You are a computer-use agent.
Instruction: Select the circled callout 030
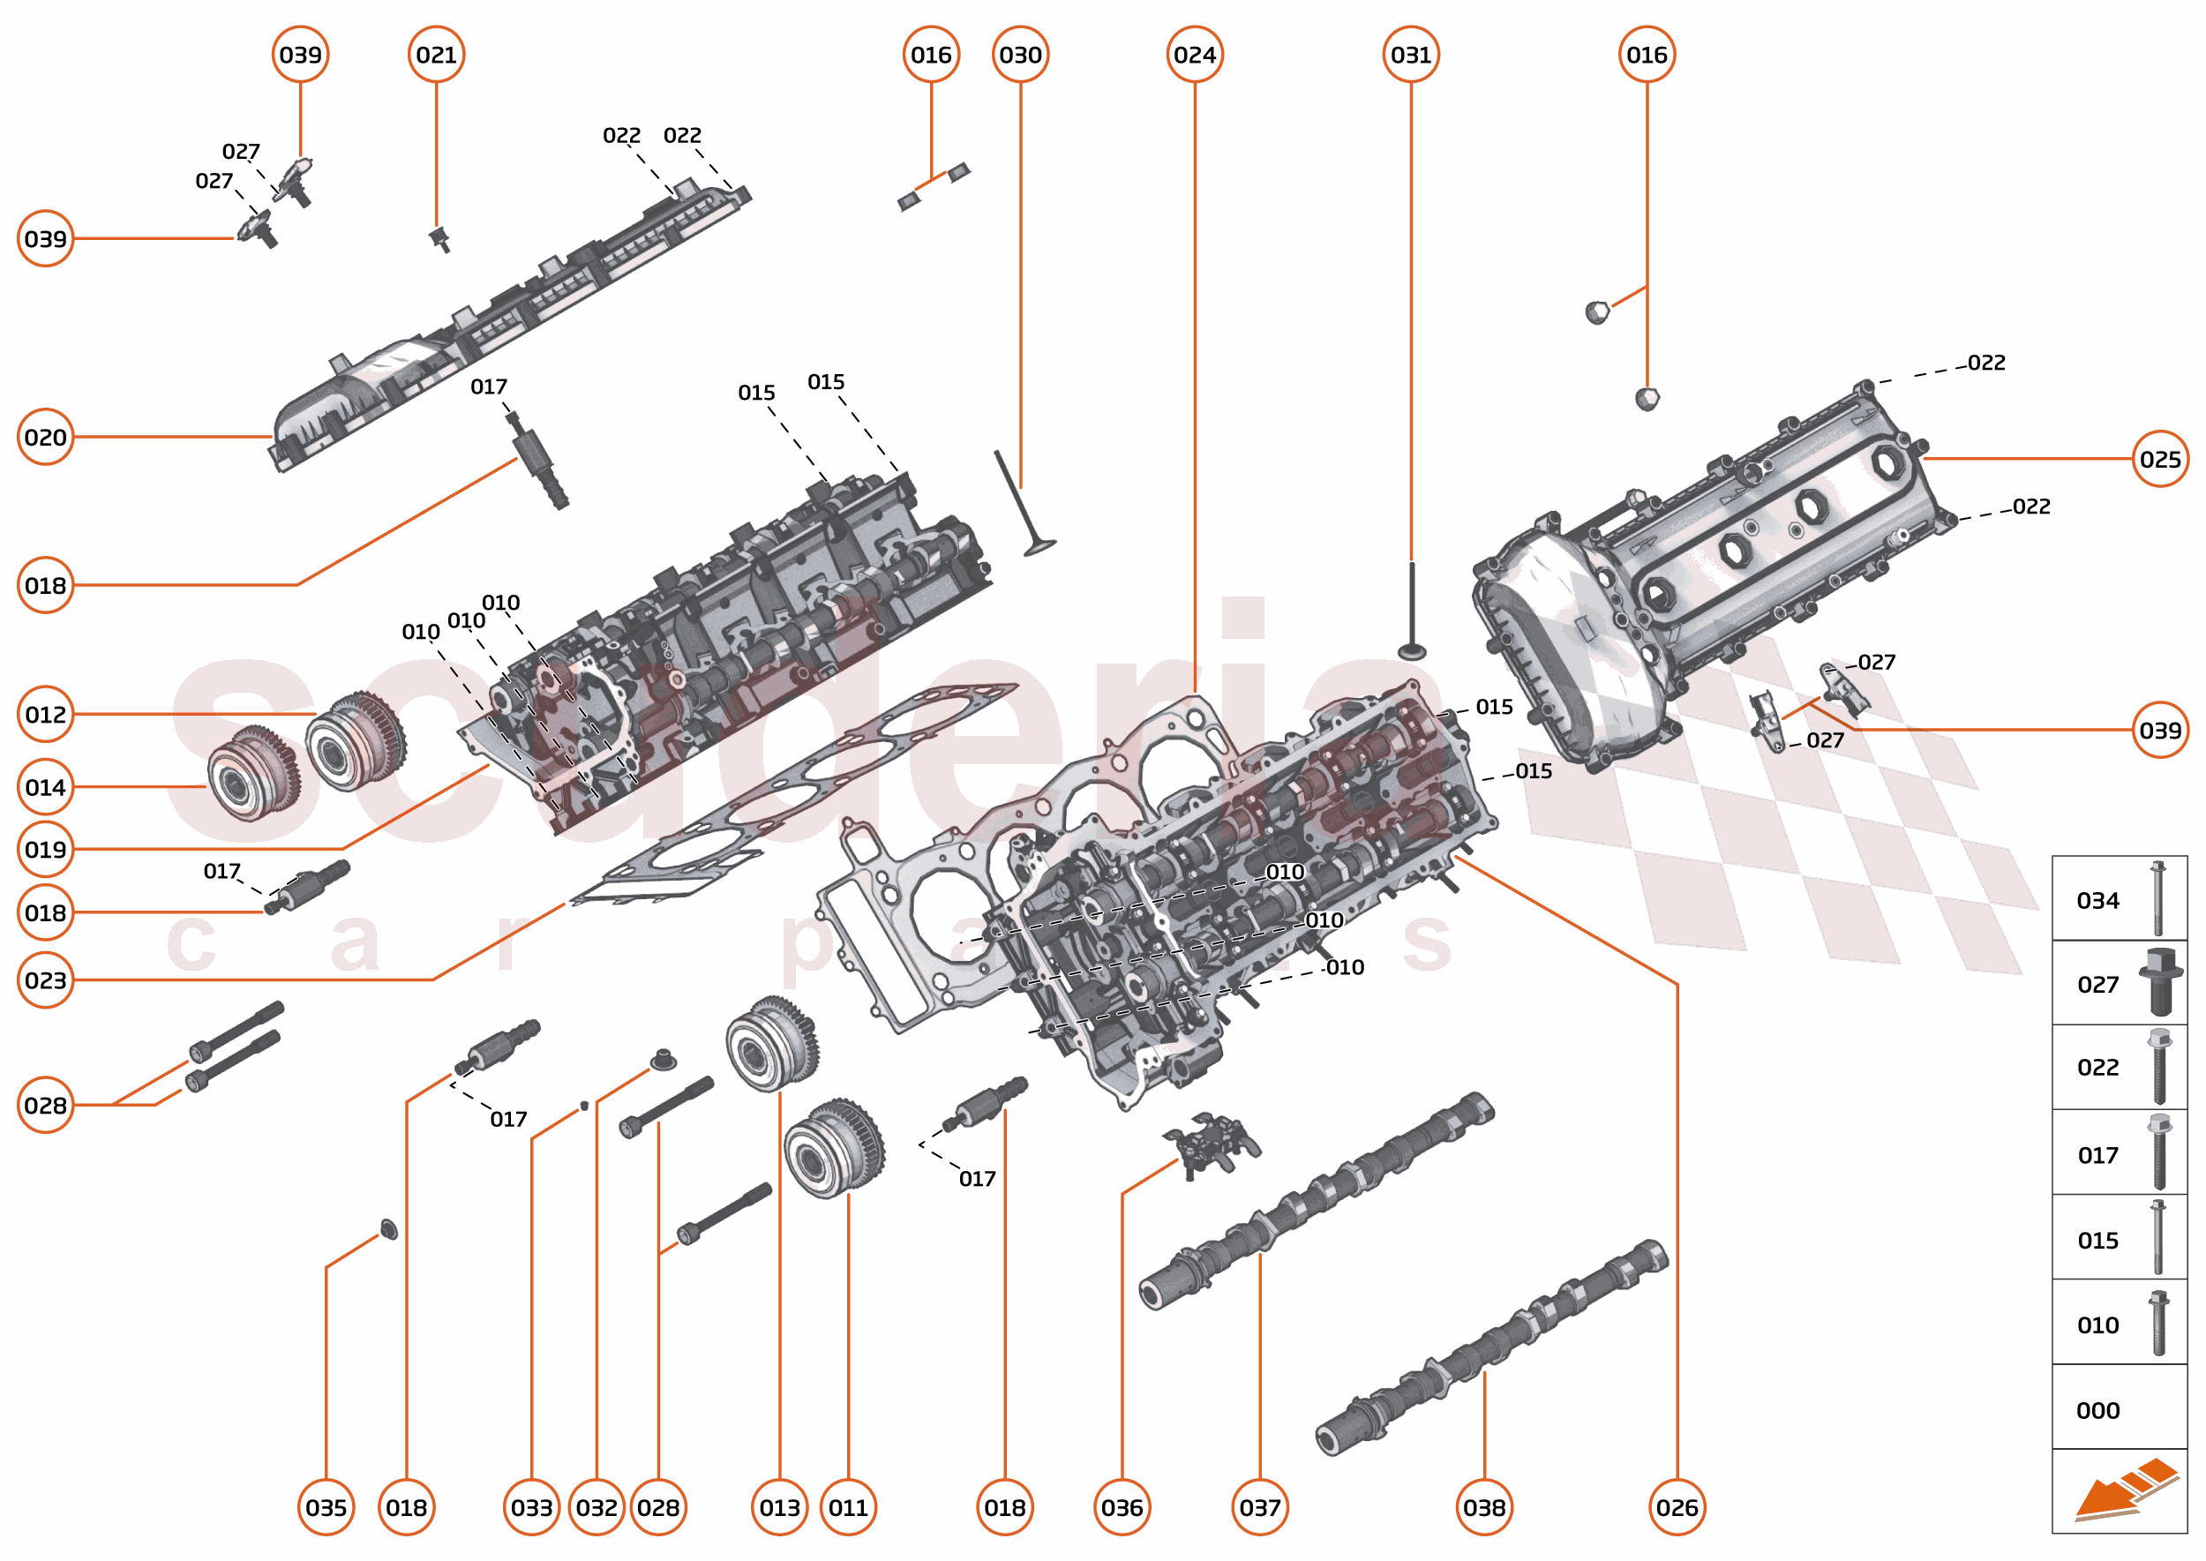point(1020,55)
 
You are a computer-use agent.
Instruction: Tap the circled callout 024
point(1194,55)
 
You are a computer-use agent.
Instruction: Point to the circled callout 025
point(2160,459)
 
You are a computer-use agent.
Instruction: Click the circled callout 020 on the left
point(45,438)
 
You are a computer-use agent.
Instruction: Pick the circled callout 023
point(45,980)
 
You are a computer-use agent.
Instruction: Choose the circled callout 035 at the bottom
point(326,1507)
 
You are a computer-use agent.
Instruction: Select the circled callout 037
point(1259,1507)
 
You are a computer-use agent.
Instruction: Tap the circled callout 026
point(1677,1507)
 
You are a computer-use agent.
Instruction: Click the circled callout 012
point(45,714)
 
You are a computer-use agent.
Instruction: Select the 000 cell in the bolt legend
point(2119,1410)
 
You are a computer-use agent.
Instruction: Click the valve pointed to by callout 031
point(1411,615)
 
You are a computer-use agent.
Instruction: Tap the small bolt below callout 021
point(441,238)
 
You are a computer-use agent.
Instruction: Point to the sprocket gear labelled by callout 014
point(252,774)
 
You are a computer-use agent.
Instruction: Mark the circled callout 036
point(1122,1507)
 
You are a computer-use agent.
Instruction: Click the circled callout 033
point(531,1507)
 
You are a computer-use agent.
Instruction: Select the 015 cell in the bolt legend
point(2119,1240)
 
